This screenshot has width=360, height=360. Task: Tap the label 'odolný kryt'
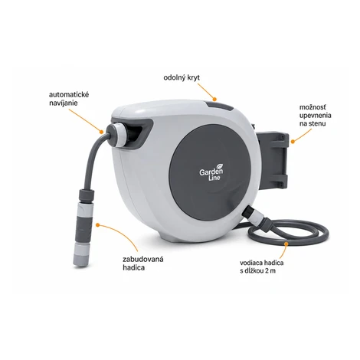pyautogui.click(x=182, y=78)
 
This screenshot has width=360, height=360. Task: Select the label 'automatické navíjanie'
pyautogui.click(x=69, y=99)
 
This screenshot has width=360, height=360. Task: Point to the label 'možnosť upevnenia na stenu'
pyautogui.click(x=316, y=115)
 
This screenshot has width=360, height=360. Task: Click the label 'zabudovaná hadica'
pyautogui.click(x=143, y=263)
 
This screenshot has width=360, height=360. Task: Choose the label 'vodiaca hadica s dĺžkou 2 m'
pyautogui.click(x=262, y=267)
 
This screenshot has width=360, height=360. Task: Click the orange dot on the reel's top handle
pyautogui.click(x=214, y=99)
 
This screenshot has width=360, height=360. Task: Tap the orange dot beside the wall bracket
pyautogui.click(x=293, y=141)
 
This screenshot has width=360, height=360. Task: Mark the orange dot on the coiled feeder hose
pyautogui.click(x=286, y=244)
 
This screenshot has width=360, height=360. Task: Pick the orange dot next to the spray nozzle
pyautogui.click(x=97, y=224)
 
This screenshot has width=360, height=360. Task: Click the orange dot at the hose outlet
pyautogui.click(x=101, y=132)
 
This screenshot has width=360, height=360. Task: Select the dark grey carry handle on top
pyautogui.click(x=219, y=106)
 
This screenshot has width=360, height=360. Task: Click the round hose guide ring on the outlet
pyautogui.click(x=117, y=134)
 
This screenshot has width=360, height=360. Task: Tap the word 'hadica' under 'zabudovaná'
pyautogui.click(x=133, y=267)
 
